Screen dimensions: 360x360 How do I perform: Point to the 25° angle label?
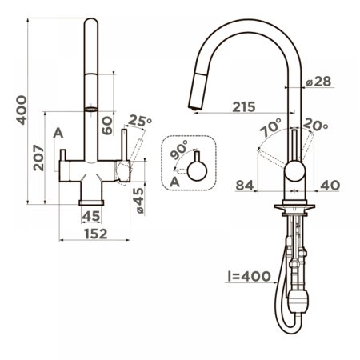138,122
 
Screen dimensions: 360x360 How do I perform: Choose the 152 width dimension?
95,233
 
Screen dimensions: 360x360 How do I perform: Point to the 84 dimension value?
246,186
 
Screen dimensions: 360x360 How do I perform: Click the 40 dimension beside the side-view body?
330,186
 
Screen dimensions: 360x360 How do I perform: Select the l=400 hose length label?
251,278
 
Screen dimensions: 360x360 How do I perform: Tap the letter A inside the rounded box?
175,182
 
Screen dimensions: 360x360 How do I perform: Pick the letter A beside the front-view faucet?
58,133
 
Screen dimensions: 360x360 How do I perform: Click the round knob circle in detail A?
196,170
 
